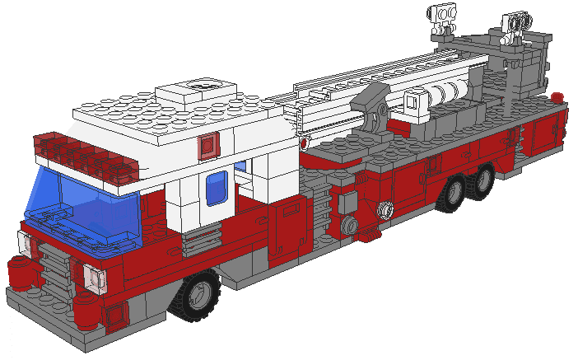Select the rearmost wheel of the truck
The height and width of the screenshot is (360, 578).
pos(484,178)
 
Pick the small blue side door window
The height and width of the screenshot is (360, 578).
pos(217,189)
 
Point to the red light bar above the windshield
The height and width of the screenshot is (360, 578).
pos(78,152)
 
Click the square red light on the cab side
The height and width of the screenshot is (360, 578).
pos(207,146)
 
